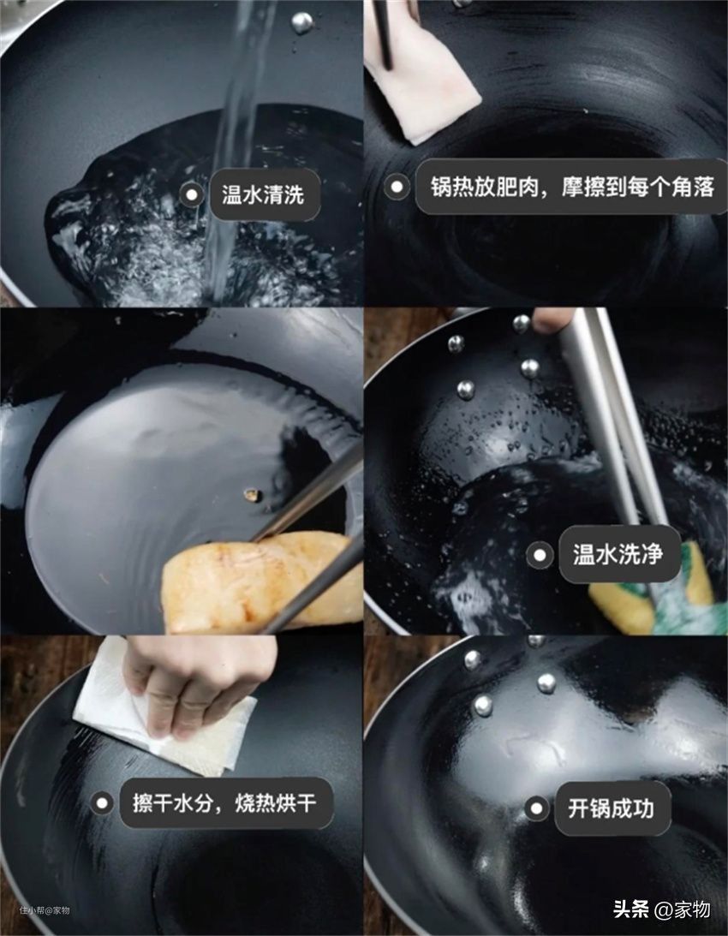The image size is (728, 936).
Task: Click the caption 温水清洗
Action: pos(263,194)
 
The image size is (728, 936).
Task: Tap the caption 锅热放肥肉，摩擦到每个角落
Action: pos(572,187)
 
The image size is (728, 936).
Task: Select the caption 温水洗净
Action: pos(618,555)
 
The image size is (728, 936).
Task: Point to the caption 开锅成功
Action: pos(611,809)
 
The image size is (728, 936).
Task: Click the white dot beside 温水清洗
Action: pos(192,194)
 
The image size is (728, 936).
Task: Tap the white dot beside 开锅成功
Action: pos(536,809)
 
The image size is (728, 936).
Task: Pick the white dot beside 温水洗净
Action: pos(540,555)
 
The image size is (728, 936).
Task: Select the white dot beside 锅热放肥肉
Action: pos(397,188)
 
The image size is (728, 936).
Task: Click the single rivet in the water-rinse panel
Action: pos(301,22)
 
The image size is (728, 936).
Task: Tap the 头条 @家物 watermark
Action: pos(662,909)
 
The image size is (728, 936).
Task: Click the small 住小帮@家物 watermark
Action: pos(45,910)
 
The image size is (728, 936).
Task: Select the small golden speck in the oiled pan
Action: pos(252,494)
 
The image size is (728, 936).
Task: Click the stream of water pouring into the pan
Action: pos(233,149)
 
